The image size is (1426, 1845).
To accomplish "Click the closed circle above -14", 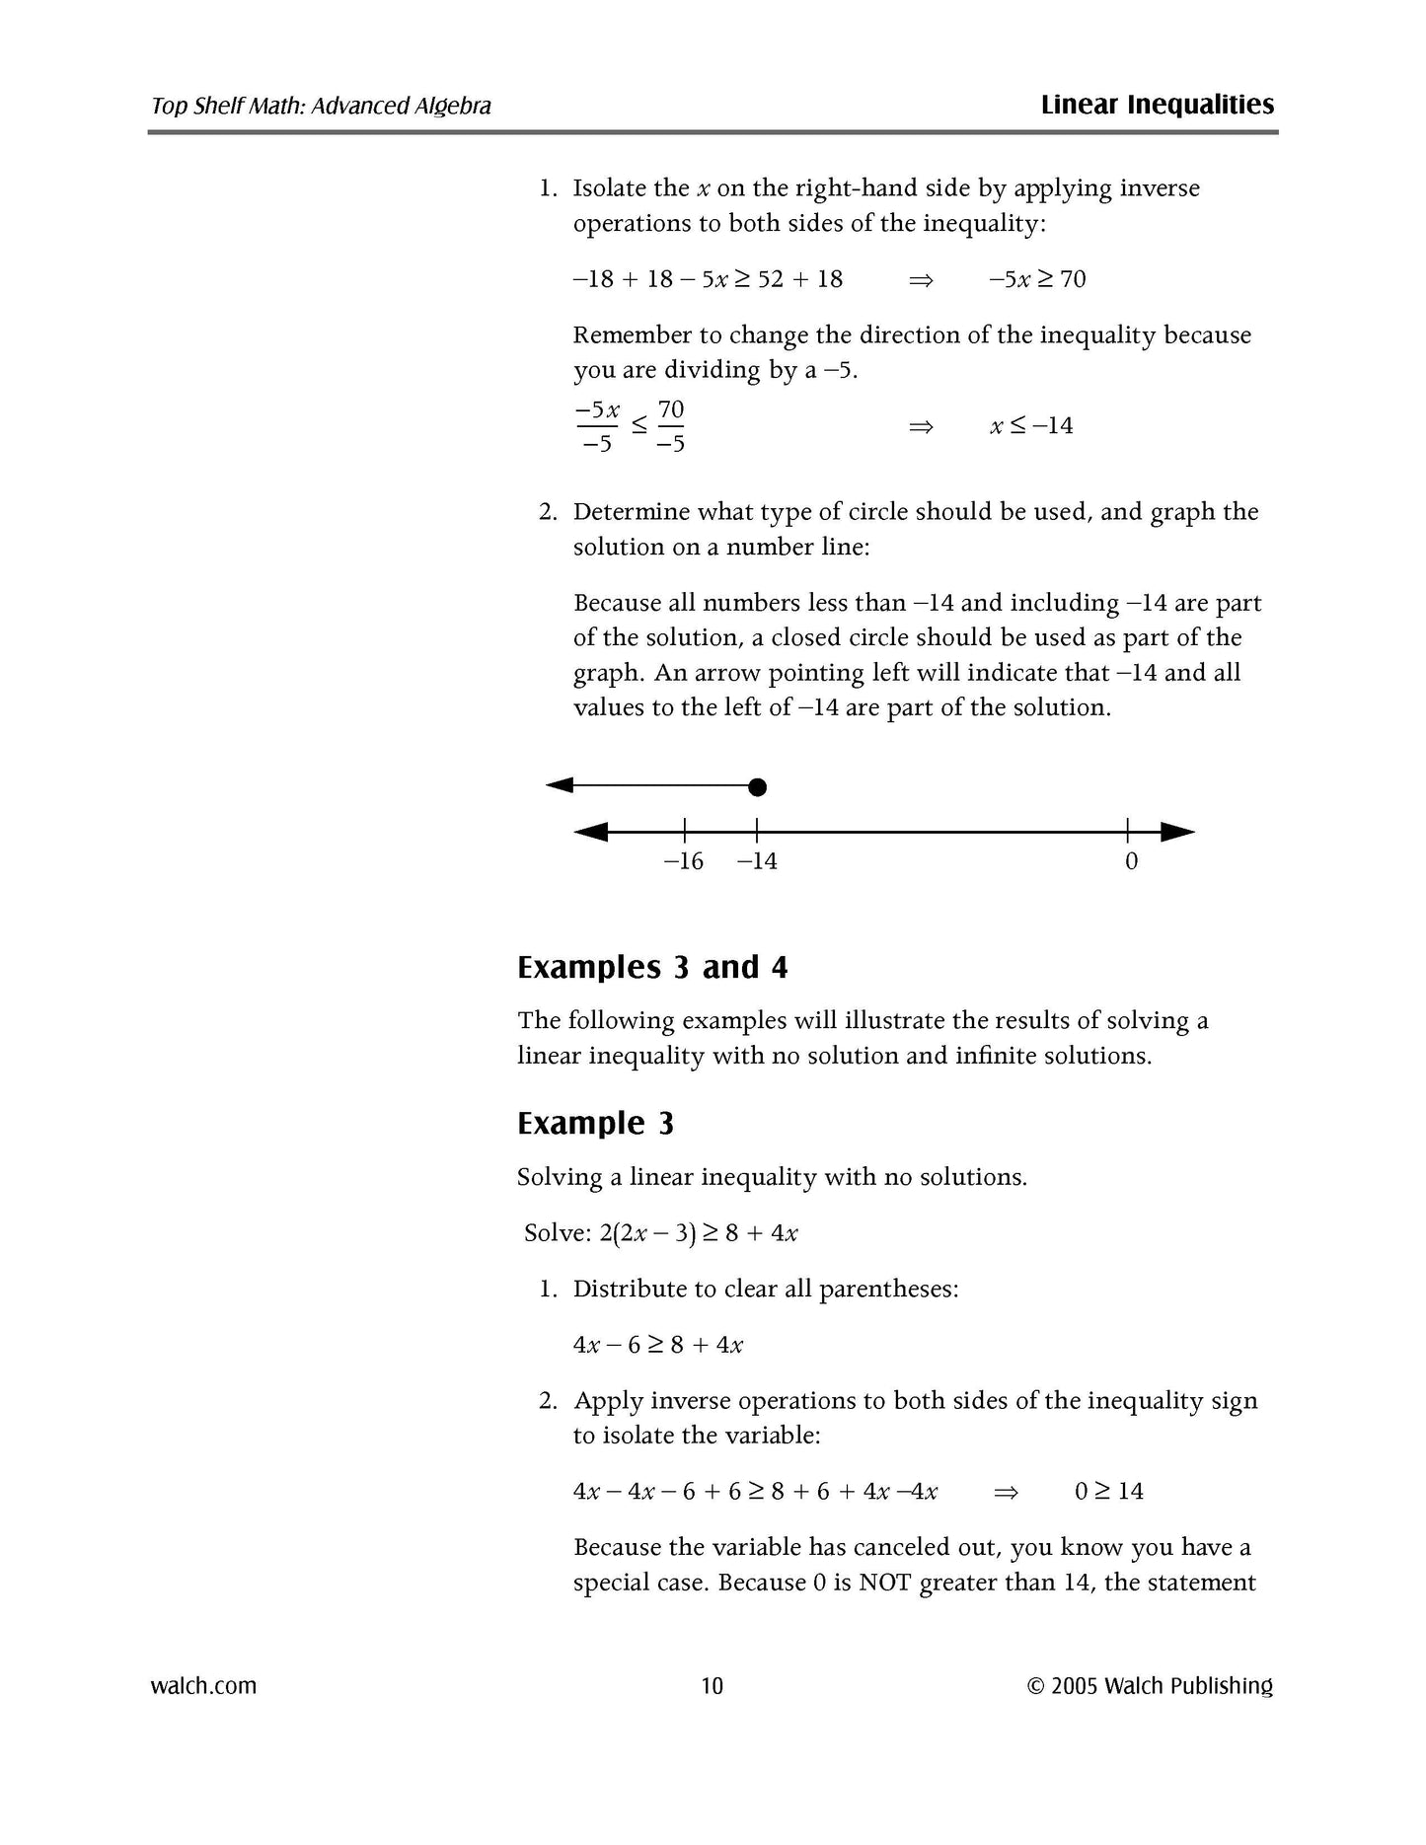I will click(757, 786).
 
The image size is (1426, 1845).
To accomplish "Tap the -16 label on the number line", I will click(683, 861).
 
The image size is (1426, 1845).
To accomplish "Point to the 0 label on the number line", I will click(1131, 861).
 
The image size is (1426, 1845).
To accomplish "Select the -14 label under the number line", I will click(757, 861).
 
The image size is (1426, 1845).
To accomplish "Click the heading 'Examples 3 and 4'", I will click(652, 967).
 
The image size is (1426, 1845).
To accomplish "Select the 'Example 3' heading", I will click(595, 1123).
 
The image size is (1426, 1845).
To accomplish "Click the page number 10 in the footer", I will click(712, 1685).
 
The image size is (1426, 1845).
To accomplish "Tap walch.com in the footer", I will click(203, 1685).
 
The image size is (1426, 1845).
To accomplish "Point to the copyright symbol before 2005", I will click(1035, 1686).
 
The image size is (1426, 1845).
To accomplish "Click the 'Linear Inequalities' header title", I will click(1157, 105).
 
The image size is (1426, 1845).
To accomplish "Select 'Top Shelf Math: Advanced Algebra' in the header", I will click(321, 106).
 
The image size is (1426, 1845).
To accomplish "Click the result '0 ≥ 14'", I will click(1108, 1491).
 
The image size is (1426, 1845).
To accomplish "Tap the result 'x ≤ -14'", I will click(1031, 426).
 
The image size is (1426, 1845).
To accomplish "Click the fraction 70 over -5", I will click(671, 426).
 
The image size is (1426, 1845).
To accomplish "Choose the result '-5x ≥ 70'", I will click(1037, 279).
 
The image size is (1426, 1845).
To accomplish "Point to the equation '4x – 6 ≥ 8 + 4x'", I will click(658, 1345).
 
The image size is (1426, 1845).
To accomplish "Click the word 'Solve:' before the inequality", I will click(558, 1233).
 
